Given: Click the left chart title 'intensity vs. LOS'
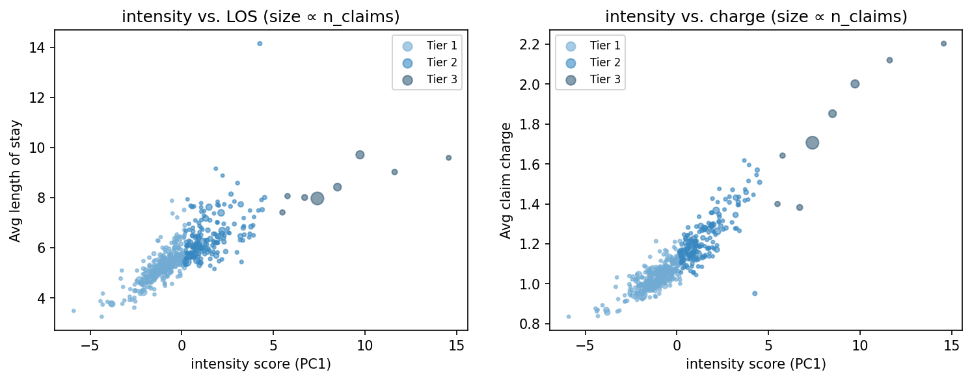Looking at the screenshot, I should click(x=261, y=17).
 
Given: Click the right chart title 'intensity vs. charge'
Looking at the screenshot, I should click(x=755, y=17).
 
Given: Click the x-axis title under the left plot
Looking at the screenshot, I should click(x=261, y=364).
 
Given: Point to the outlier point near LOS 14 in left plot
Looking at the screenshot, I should click(x=260, y=44).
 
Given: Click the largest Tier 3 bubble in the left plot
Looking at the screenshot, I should click(x=317, y=198).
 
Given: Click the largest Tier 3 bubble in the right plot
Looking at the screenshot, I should click(x=812, y=143).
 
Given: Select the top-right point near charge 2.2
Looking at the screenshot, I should click(x=943, y=44).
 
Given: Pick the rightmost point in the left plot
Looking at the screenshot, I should click(x=448, y=157).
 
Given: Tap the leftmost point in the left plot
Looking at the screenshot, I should click(x=74, y=311).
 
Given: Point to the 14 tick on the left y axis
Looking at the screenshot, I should click(x=44, y=47).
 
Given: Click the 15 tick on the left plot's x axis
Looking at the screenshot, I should click(x=456, y=343).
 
